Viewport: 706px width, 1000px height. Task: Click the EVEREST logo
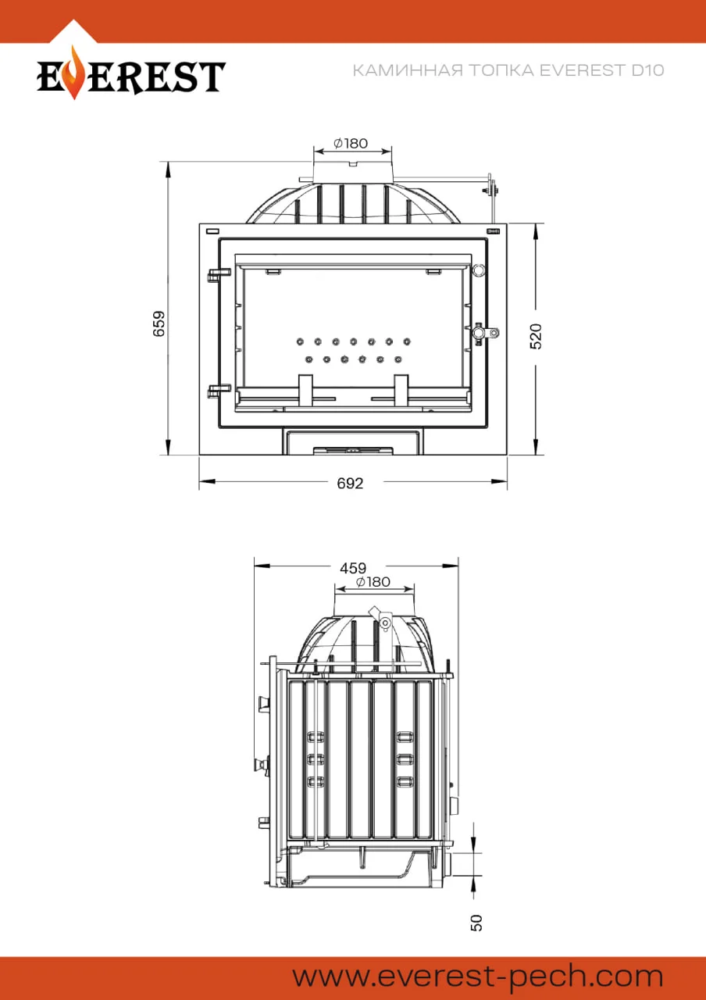(130, 73)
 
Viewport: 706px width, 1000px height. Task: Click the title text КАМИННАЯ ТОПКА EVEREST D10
(508, 70)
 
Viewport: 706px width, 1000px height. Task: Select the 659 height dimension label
(159, 323)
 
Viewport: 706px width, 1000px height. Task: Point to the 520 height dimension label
(536, 336)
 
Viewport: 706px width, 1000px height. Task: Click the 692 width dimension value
(350, 483)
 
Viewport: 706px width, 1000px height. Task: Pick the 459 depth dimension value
(353, 568)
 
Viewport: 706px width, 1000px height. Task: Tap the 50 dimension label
(476, 923)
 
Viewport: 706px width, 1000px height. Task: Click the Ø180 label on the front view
(351, 143)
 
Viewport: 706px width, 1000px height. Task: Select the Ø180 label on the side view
(373, 582)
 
